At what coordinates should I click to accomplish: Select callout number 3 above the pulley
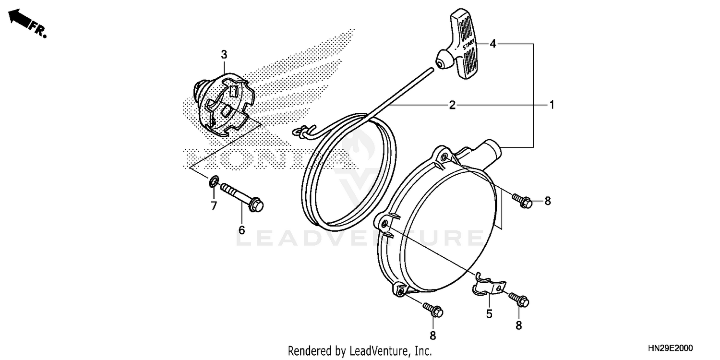pos(224,55)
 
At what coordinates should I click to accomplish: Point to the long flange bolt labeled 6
pos(242,197)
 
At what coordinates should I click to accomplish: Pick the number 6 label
pos(241,230)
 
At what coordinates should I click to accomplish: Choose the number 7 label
pos(214,206)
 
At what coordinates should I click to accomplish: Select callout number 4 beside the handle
pos(493,44)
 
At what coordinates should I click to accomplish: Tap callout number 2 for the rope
pos(452,105)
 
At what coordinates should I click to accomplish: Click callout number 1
pos(552,105)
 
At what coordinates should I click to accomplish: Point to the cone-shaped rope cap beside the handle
pos(444,62)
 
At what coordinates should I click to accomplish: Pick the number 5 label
pos(489,314)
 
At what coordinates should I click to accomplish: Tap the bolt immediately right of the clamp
pos(518,300)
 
